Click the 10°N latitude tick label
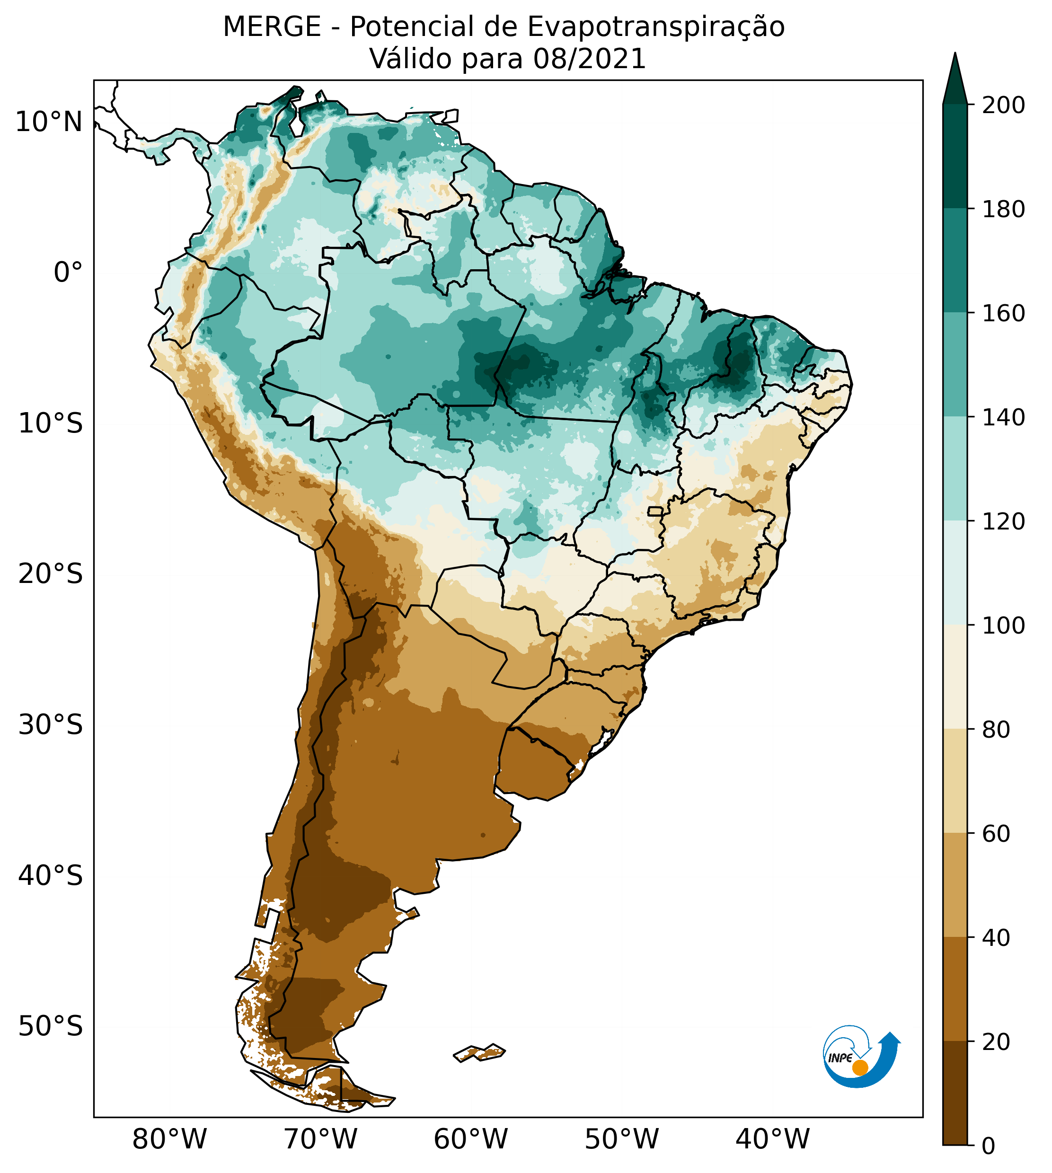49,123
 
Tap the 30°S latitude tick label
51,724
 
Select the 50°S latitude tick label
51,1027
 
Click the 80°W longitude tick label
169,1139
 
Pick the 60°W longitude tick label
470,1139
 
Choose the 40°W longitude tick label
772,1139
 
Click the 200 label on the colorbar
1003,106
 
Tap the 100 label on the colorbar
1003,626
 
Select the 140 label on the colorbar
1003,418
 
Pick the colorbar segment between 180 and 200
955,156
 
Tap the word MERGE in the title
272,27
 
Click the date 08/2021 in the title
589,59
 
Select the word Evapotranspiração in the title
655,27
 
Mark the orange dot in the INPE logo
860,1068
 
